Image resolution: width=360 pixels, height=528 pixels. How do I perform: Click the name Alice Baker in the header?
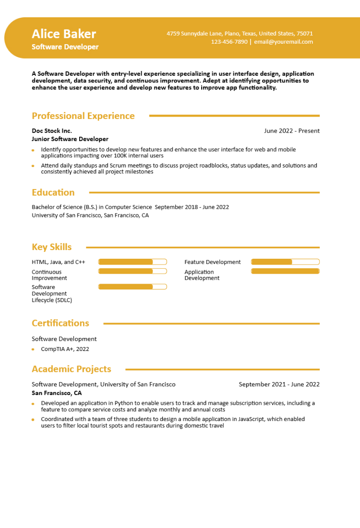point(64,34)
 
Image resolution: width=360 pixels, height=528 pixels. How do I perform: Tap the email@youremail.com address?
point(283,42)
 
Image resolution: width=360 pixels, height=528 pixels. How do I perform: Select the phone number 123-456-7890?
point(229,42)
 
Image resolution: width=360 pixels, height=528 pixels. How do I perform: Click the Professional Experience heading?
point(83,116)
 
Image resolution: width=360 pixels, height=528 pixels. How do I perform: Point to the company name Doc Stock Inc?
point(52,131)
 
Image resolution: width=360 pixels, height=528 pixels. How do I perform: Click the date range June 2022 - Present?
point(291,131)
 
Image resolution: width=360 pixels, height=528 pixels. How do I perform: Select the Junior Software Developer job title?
point(70,139)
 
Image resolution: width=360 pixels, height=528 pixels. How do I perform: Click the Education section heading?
point(53,192)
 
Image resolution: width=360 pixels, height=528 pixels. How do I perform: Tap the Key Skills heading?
point(52,247)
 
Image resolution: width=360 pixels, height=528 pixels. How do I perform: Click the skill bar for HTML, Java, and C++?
point(132,262)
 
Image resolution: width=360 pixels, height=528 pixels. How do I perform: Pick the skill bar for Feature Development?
point(285,262)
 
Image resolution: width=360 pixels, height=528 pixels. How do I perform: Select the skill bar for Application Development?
point(285,271)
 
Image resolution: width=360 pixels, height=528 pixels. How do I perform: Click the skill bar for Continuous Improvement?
point(132,271)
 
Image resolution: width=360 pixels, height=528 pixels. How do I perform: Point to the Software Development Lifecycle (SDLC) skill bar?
point(132,287)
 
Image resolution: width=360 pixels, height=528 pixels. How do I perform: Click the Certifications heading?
point(60,323)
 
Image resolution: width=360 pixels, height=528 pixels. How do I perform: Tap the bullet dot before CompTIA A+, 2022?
point(33,349)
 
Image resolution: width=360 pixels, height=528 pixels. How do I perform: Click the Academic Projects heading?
point(72,369)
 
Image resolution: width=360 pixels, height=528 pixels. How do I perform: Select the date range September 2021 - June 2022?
point(279,384)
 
